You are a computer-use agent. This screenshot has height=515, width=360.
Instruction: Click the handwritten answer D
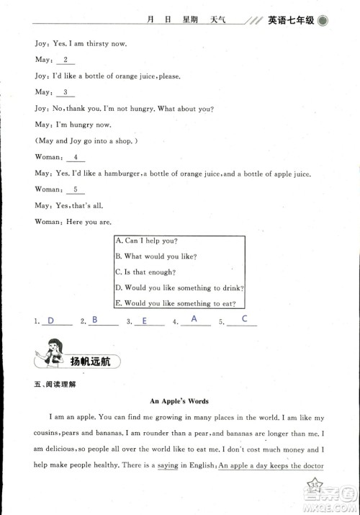point(50,321)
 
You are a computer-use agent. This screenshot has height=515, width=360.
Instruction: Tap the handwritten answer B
point(95,320)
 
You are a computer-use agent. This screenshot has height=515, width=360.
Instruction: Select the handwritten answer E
point(144,321)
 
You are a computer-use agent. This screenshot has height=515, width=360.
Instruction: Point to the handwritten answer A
point(194,319)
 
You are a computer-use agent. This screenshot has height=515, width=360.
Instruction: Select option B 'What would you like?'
point(156,256)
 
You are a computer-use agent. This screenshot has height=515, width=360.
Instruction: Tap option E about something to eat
point(179,304)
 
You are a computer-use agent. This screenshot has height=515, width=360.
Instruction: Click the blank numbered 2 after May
point(66,60)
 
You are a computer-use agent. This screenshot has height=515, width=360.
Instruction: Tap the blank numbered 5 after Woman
point(75,189)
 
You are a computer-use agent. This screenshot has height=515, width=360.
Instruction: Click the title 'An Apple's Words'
point(179,401)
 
